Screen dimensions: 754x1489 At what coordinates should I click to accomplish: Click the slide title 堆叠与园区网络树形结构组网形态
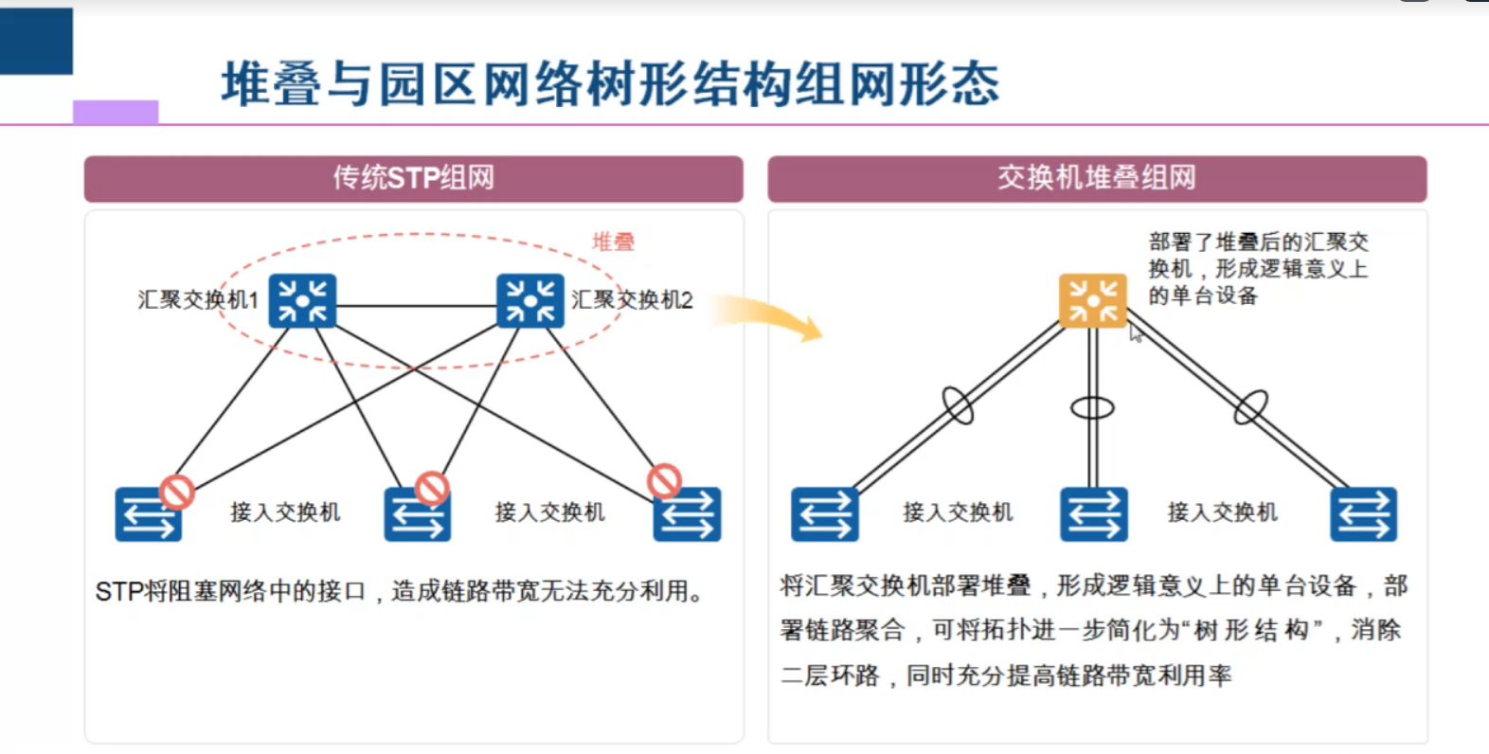[610, 83]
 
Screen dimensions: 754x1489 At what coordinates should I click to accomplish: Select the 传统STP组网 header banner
[413, 178]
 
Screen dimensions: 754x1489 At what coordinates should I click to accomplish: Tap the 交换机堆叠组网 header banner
[1096, 178]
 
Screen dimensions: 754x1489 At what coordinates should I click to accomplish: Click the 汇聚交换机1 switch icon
[302, 301]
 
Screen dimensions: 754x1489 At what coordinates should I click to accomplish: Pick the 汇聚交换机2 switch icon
[530, 301]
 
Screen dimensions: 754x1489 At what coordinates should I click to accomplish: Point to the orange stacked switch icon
[1092, 301]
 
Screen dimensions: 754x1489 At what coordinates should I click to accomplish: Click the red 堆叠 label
[613, 242]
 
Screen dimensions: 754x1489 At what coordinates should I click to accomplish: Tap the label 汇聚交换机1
[198, 300]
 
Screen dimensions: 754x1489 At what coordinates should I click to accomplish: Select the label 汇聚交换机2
[632, 300]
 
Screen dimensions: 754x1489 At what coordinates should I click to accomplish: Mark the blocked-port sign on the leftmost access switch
[177, 492]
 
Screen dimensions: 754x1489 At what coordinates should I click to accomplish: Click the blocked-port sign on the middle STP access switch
[432, 488]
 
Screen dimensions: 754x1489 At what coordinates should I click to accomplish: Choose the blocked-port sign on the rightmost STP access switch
[664, 480]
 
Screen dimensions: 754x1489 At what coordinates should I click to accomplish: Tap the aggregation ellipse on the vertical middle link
[1092, 408]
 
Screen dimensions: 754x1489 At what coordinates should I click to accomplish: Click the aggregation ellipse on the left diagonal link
[958, 405]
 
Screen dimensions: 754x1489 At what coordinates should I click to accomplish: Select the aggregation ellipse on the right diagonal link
[1250, 407]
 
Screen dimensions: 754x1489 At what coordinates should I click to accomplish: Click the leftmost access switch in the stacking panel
[825, 514]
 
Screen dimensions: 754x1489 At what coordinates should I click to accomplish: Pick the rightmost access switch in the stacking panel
[1363, 514]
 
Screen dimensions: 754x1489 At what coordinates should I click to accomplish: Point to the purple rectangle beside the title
[116, 112]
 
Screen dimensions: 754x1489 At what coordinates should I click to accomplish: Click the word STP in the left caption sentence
[119, 592]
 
